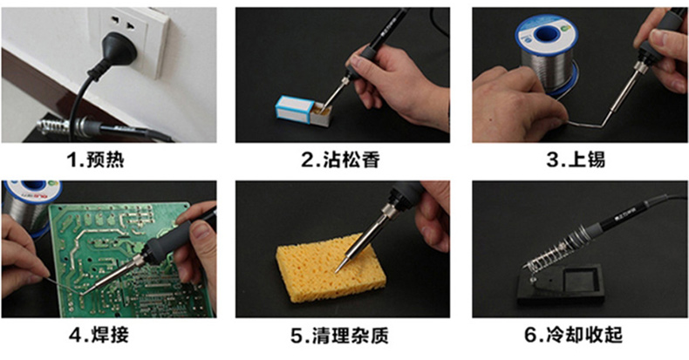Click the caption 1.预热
click(x=95, y=160)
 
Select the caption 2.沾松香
click(x=340, y=160)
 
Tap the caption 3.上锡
click(x=576, y=160)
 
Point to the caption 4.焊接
click(x=99, y=335)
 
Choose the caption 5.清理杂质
click(x=339, y=336)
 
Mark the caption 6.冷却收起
click(x=573, y=335)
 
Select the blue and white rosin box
click(x=303, y=112)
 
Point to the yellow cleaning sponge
click(x=331, y=268)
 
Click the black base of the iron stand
click(x=560, y=285)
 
